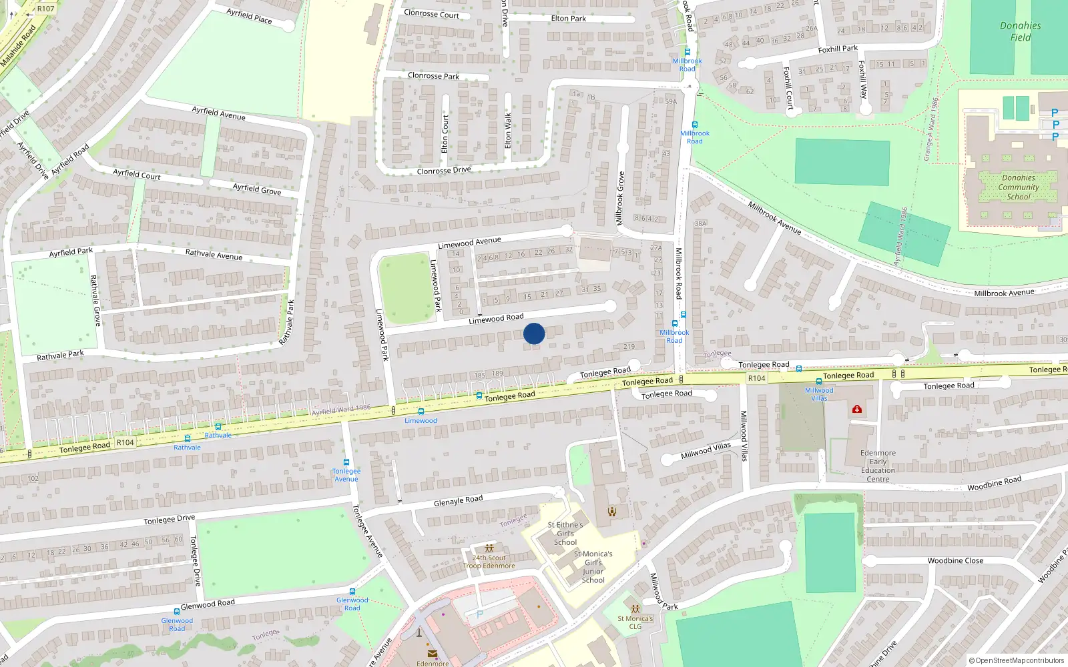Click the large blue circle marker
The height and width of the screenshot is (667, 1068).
click(534, 333)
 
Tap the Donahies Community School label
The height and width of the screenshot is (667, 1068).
click(1018, 187)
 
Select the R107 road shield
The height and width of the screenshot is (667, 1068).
click(45, 9)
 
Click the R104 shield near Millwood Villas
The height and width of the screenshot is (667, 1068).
click(756, 378)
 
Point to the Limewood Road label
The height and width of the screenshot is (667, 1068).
click(496, 319)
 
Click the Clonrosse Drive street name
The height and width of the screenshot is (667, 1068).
click(444, 171)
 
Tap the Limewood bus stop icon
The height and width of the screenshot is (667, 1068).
click(421, 412)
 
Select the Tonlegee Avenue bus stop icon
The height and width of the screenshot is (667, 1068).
click(346, 462)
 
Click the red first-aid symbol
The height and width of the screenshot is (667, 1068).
click(857, 409)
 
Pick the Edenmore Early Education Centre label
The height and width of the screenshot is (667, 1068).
click(878, 466)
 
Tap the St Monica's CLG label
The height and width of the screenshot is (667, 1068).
click(635, 622)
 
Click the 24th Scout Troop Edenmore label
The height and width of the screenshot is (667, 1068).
click(489, 562)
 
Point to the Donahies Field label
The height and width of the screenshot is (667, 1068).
click(1020, 31)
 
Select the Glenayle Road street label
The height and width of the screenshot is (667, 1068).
click(458, 501)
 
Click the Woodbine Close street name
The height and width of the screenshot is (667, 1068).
click(955, 561)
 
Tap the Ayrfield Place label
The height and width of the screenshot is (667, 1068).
click(249, 16)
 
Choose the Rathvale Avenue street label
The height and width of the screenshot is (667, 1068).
click(214, 254)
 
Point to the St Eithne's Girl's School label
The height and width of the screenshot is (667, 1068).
click(565, 534)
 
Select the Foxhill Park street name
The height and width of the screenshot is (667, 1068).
click(838, 49)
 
